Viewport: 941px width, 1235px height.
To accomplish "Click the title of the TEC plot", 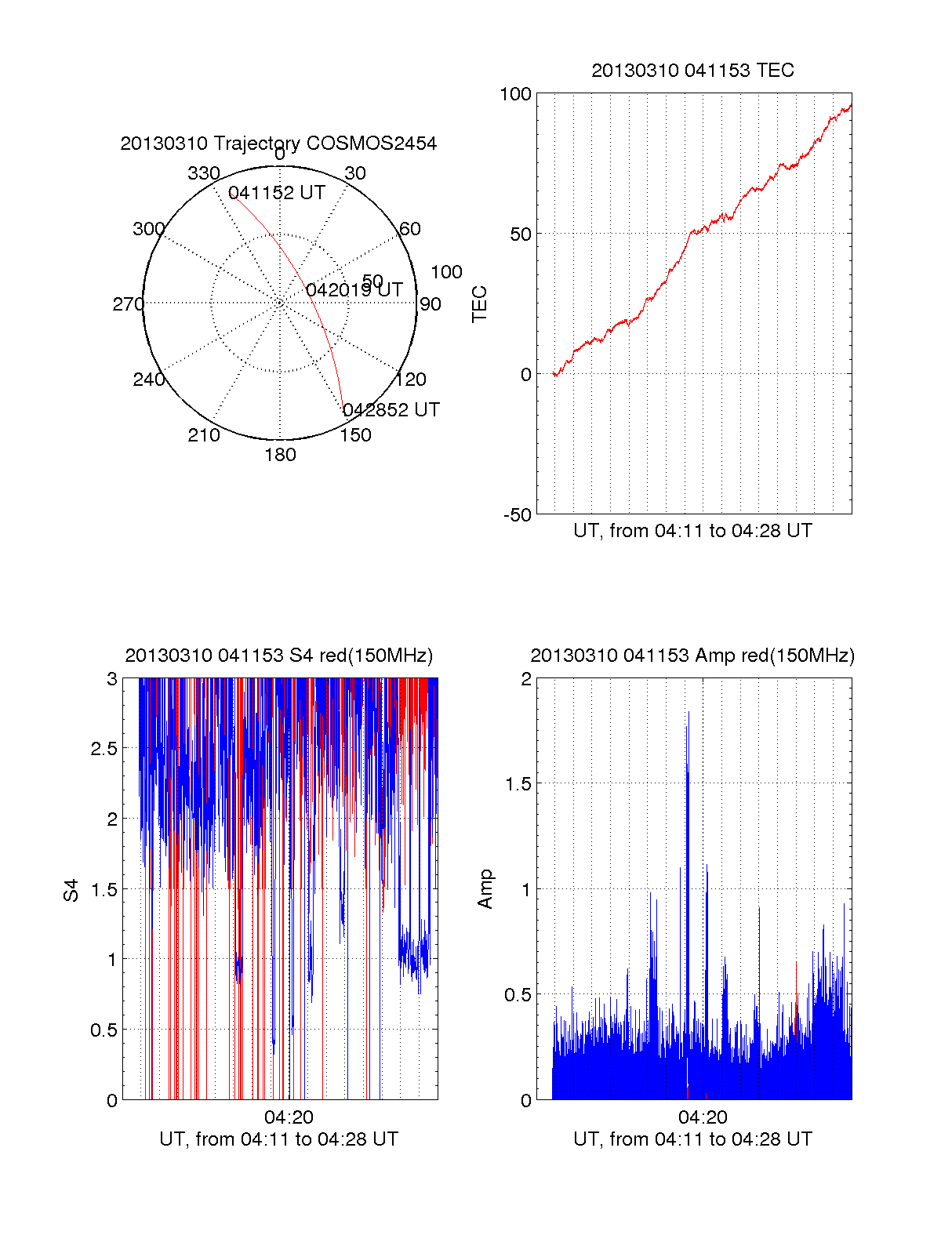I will tap(692, 71).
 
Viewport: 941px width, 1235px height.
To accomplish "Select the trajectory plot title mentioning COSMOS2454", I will tap(278, 143).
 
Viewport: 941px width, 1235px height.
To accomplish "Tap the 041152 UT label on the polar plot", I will tap(276, 193).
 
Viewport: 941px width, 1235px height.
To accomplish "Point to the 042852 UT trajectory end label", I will tap(391, 410).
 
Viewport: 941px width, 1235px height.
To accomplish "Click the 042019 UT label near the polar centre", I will tap(354, 290).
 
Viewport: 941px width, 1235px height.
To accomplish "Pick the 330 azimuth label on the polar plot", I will tap(203, 173).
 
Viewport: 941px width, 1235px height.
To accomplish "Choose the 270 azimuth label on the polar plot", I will tap(128, 304).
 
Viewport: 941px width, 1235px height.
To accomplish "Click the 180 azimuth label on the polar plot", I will tap(280, 455).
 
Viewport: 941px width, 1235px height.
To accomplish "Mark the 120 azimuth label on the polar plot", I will tap(411, 380).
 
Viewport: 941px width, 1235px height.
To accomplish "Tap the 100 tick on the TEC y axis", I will tap(515, 94).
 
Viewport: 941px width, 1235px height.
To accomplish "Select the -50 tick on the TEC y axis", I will tap(517, 515).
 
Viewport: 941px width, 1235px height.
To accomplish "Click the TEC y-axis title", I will tap(480, 304).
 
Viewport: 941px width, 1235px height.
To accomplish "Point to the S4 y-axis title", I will tap(71, 890).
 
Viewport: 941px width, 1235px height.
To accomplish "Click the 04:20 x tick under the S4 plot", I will tap(289, 1117).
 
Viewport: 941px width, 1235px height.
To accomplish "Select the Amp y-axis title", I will tap(485, 889).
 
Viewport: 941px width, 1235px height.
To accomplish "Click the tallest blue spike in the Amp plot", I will tap(688, 714).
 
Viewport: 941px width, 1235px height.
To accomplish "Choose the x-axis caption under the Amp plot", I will tap(692, 1139).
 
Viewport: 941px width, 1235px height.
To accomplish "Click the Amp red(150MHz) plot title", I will tap(692, 656).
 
